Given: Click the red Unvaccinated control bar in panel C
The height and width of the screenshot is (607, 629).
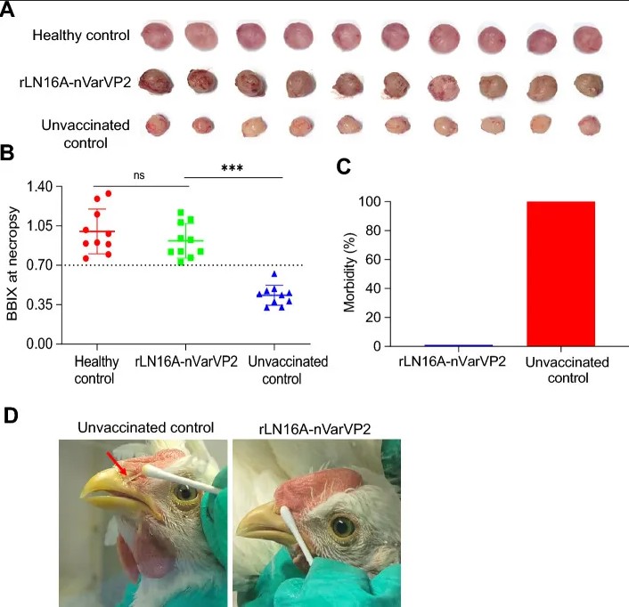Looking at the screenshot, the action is (x=560, y=273).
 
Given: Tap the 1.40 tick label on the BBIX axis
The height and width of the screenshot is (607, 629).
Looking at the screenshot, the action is (x=39, y=186).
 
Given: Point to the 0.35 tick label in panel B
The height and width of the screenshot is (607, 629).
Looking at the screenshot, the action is (x=39, y=304).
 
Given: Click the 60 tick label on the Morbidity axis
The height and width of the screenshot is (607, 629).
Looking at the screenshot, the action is (x=372, y=259).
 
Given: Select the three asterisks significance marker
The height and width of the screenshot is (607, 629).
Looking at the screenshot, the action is (x=233, y=168).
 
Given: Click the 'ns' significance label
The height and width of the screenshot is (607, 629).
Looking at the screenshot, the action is (x=139, y=175).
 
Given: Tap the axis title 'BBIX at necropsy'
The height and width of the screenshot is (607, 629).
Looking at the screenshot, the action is (x=12, y=263).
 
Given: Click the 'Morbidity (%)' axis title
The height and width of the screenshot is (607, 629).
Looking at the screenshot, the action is (x=349, y=272).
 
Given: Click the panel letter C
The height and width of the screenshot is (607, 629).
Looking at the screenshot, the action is (x=343, y=166).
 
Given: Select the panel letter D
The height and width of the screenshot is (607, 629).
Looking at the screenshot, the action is (x=11, y=416).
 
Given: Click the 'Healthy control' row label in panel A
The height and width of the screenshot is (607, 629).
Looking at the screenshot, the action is (x=81, y=36).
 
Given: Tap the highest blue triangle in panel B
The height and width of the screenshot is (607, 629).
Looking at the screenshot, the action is (x=274, y=274).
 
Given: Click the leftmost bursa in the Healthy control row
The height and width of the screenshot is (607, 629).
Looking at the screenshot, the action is (x=157, y=36).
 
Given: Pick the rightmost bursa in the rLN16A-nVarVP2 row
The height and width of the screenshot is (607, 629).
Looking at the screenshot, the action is (x=589, y=85).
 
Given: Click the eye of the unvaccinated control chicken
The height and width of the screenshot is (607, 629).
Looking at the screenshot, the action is (x=184, y=490).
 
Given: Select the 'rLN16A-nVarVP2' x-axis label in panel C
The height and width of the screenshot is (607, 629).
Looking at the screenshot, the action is (x=452, y=361).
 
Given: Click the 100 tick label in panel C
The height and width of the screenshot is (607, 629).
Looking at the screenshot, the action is (x=370, y=201).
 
